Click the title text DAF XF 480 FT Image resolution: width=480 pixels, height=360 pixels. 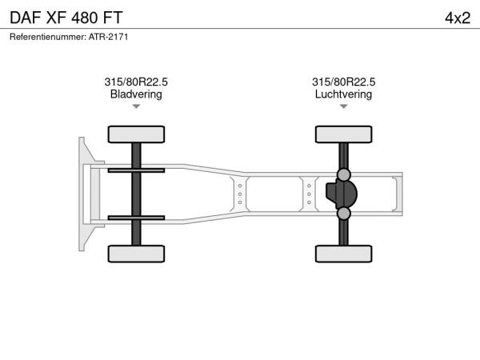pyautogui.click(x=66, y=18)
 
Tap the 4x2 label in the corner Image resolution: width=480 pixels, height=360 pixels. pyautogui.click(x=458, y=18)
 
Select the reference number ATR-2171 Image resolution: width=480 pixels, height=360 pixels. pyautogui.click(x=108, y=37)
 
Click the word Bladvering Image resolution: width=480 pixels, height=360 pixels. pyautogui.click(x=136, y=94)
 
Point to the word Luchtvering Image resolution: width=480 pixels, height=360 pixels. pyautogui.click(x=343, y=94)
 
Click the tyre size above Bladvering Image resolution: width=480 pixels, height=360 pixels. pyautogui.click(x=136, y=82)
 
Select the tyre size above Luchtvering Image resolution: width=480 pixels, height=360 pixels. pyautogui.click(x=343, y=82)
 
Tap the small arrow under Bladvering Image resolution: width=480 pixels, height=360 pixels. pyautogui.click(x=136, y=106)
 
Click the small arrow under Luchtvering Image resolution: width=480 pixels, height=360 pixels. pyautogui.click(x=343, y=106)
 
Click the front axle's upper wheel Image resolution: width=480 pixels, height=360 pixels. pyautogui.click(x=136, y=134)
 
